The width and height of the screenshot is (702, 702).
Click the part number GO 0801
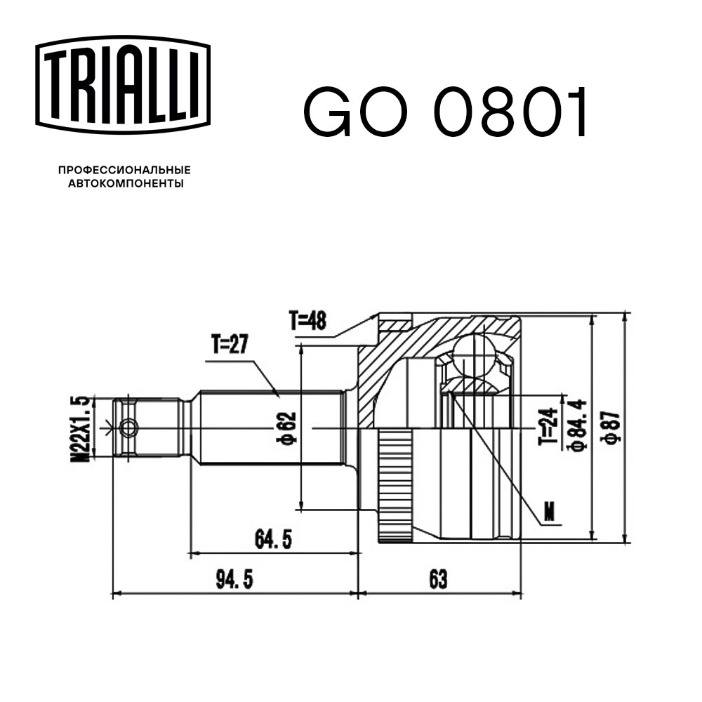point(444,113)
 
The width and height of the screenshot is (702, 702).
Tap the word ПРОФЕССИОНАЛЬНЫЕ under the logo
point(124,171)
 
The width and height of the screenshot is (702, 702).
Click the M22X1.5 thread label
point(83,428)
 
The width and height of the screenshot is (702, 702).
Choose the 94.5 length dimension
point(234,580)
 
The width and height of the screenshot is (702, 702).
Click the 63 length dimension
point(436,580)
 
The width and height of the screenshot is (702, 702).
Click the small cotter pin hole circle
point(128,428)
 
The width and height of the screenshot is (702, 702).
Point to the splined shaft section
point(267,428)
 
